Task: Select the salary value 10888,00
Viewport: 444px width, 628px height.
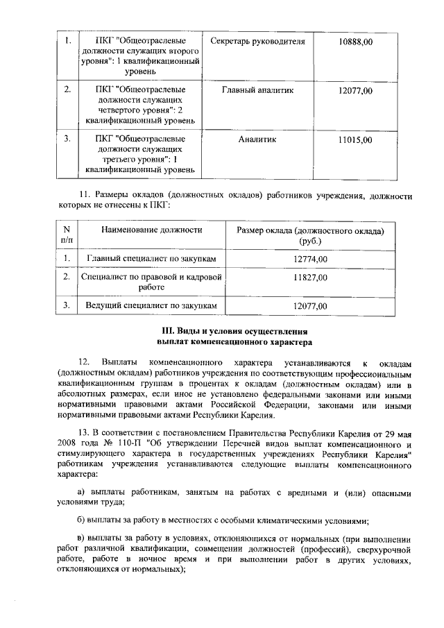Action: [x=355, y=42]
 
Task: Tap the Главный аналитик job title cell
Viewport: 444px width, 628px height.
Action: [x=257, y=91]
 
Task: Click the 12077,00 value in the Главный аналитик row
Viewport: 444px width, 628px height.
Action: [x=355, y=91]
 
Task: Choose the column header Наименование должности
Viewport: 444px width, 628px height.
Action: [x=152, y=230]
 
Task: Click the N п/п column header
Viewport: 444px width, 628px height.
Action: [x=67, y=235]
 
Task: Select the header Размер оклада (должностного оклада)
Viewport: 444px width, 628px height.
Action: [x=310, y=230]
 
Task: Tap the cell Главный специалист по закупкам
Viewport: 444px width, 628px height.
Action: [x=152, y=259]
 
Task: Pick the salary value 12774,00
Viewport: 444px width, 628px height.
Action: [x=310, y=259]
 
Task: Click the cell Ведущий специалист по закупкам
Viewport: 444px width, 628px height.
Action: [x=152, y=305]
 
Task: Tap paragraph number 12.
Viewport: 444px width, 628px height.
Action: [x=84, y=362]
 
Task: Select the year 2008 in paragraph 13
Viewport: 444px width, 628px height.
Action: [x=70, y=445]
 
